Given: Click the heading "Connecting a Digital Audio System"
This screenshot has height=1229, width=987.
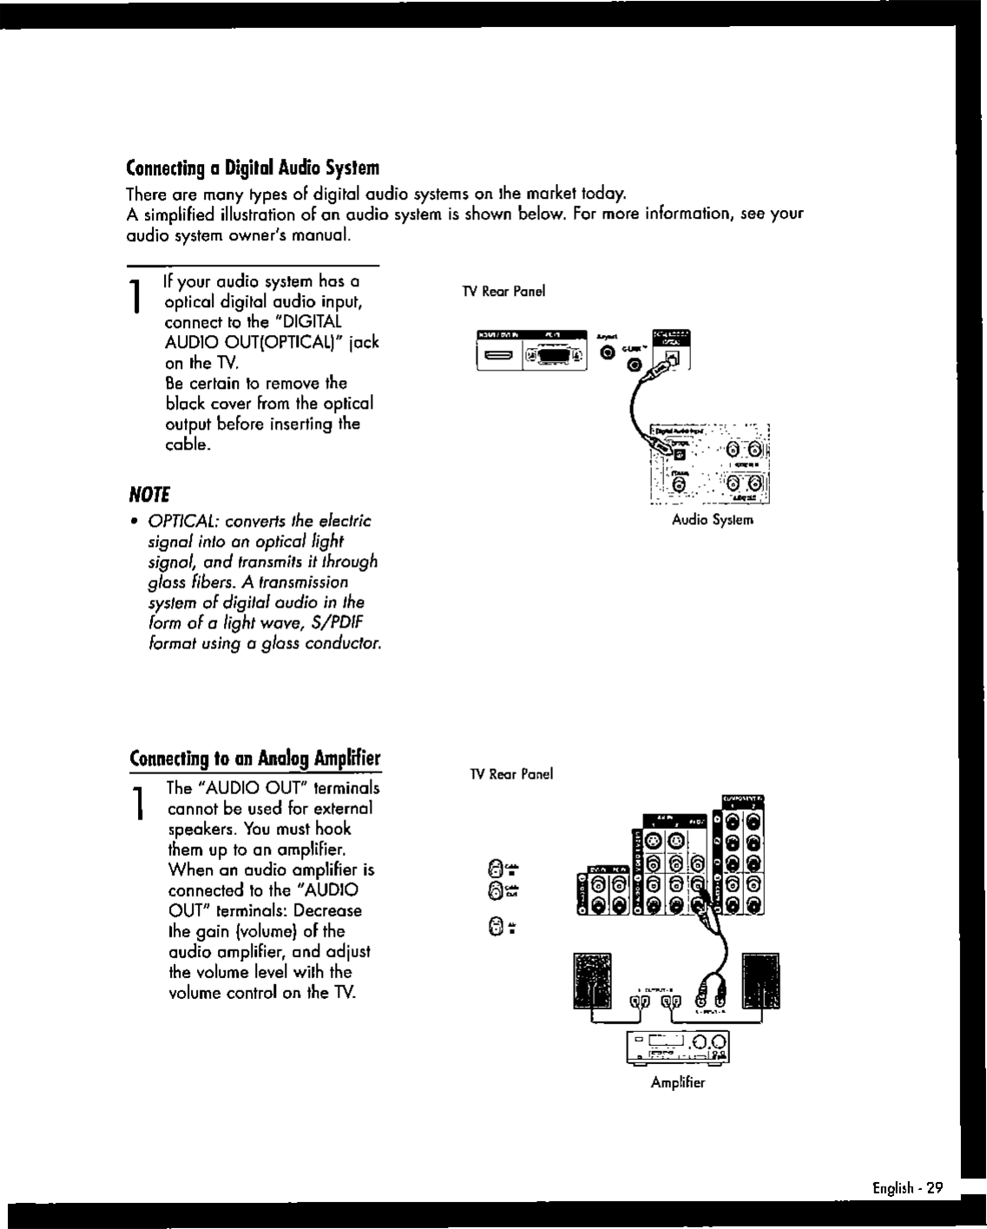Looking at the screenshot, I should click(253, 167).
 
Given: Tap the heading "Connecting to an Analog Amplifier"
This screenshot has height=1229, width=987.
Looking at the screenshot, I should click(254, 759).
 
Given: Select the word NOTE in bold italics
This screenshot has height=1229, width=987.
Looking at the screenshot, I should click(148, 496).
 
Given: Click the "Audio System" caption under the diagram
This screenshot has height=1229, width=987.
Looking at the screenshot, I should click(713, 520).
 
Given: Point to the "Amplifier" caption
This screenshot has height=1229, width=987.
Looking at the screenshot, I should click(678, 1082).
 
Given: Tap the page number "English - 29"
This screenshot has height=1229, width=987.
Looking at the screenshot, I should click(907, 1188).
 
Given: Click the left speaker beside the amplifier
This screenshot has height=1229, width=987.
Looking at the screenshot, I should click(592, 981).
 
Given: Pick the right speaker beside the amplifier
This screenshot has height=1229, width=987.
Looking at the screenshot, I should click(761, 981).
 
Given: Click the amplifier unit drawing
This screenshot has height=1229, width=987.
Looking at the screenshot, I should click(678, 1048).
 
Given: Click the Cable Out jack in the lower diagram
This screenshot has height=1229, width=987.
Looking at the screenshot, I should click(495, 889).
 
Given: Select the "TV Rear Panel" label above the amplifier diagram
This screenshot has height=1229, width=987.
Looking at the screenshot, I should click(511, 774).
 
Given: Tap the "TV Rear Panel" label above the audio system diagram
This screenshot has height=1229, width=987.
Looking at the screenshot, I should click(504, 292).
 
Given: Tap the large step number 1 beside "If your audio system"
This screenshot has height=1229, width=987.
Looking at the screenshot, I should click(136, 297).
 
